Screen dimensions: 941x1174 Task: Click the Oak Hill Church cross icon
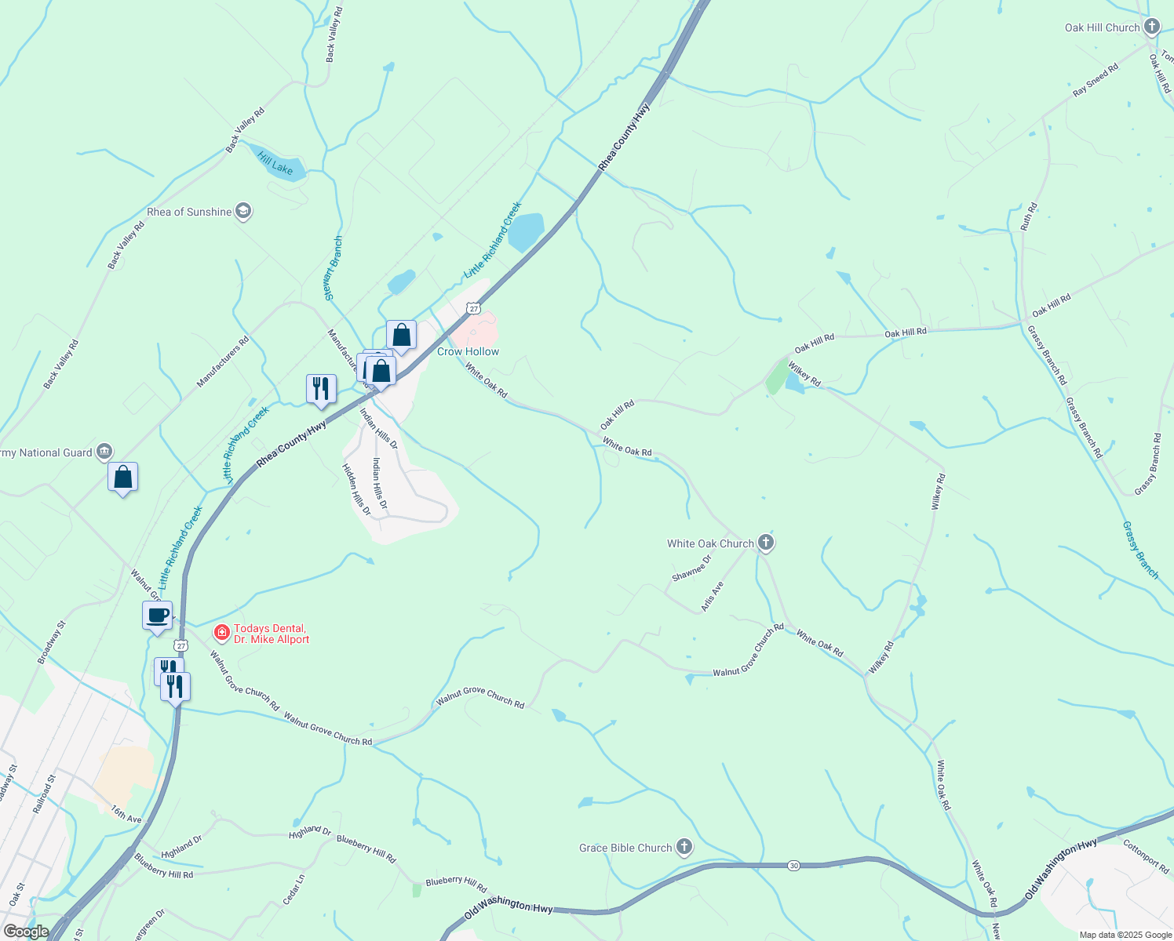1151,27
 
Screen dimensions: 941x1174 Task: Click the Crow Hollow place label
468,351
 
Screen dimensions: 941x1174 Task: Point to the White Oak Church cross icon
766,543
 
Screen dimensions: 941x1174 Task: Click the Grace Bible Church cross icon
684,847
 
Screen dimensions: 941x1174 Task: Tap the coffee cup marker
157,616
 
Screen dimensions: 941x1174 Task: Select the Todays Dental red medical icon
222,632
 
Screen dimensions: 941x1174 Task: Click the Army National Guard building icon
104,452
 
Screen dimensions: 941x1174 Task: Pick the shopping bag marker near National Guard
123,477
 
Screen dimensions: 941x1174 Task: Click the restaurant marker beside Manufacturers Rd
321,388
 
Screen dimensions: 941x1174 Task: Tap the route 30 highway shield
794,865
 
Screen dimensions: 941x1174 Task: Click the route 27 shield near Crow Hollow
473,309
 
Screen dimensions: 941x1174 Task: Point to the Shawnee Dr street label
691,569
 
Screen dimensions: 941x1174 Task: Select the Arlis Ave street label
713,596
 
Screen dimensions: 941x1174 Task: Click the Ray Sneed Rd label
1095,81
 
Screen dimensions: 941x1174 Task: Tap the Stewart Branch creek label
334,268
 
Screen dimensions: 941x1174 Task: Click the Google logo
26,932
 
